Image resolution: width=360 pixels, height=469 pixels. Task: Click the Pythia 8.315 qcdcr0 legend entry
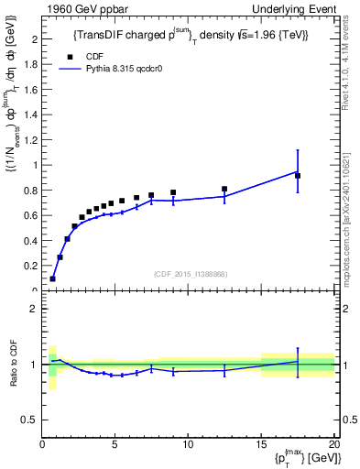(119, 69)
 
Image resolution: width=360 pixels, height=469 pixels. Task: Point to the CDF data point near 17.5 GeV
(298, 175)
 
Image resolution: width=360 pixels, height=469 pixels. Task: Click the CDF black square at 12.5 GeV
(224, 189)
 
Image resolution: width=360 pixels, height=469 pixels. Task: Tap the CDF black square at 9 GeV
(173, 192)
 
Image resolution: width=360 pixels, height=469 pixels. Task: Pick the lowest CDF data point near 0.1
(52, 278)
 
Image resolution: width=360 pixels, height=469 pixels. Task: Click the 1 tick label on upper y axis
(35, 166)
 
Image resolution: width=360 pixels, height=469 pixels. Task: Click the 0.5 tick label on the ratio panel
(30, 420)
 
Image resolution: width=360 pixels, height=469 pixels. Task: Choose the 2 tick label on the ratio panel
(35, 309)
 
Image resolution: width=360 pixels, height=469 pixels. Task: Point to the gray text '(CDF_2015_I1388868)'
(190, 273)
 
